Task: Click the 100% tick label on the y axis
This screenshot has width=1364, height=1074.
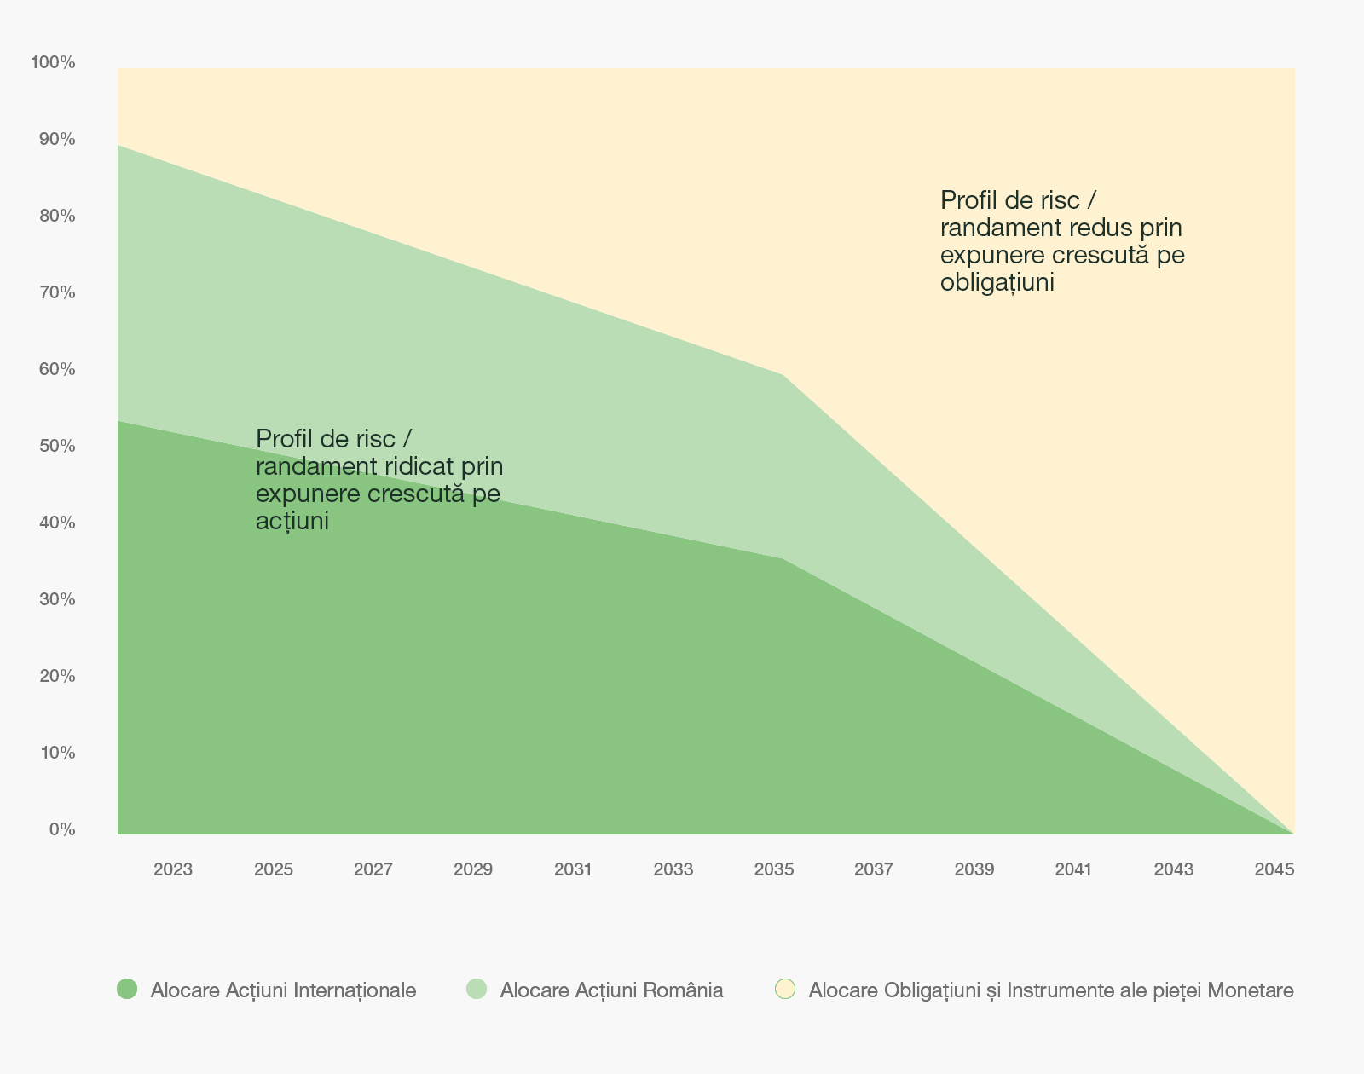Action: (53, 62)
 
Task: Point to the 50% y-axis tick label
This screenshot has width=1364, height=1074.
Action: (57, 446)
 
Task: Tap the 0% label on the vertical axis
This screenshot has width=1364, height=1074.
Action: (62, 829)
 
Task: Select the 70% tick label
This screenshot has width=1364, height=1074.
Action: (57, 292)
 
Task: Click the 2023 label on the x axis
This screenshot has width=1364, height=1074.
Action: (173, 869)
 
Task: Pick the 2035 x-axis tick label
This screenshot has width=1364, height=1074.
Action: (774, 869)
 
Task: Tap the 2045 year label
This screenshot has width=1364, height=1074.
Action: (1274, 869)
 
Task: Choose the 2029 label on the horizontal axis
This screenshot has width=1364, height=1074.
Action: (473, 869)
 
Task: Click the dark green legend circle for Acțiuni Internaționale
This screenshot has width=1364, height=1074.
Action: (127, 989)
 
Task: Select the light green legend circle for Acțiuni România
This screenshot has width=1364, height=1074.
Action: (477, 989)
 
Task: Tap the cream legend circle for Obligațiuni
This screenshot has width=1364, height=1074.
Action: (785, 989)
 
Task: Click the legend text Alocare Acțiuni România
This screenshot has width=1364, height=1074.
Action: (611, 990)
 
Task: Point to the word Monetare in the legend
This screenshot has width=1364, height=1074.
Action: (1251, 990)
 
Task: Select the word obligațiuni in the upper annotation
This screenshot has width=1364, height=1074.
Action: (997, 283)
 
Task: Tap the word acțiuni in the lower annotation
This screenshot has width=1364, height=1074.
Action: (292, 522)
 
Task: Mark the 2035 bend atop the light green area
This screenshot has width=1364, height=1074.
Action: (783, 375)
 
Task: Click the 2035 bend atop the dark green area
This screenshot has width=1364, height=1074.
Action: (783, 558)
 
